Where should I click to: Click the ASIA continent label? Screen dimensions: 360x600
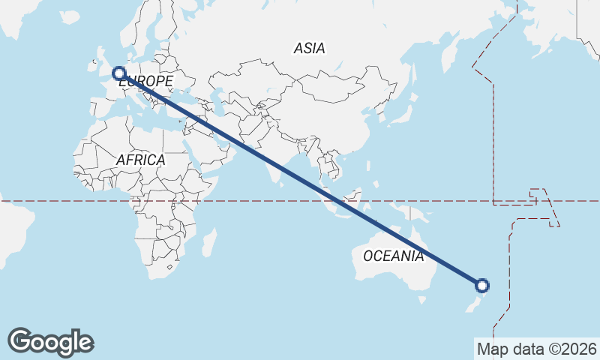coord(309,49)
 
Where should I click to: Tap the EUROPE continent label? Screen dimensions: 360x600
coord(146,81)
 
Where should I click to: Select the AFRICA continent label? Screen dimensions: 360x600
coord(140,160)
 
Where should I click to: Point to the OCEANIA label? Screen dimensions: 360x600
coord(393,256)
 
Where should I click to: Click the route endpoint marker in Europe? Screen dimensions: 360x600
coord(118,73)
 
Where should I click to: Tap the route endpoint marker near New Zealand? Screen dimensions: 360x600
coord(482,285)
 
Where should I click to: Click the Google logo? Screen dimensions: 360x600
coord(50,342)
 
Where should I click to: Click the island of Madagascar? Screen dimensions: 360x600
coord(209,242)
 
